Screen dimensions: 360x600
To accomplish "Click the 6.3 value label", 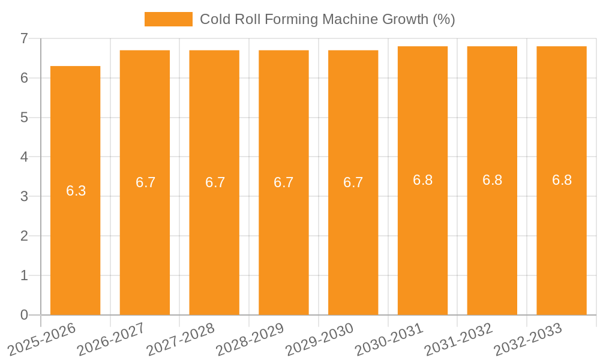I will pyautogui.click(x=76, y=191).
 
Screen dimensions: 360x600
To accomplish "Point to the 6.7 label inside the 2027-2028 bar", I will pyautogui.click(x=215, y=182).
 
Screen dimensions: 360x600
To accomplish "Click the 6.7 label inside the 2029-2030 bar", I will pyautogui.click(x=353, y=182).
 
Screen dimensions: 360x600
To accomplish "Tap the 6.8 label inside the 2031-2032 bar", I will pyautogui.click(x=492, y=180).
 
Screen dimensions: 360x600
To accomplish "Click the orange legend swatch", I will pyautogui.click(x=169, y=19).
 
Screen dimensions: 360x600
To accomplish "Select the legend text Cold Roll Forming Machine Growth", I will pyautogui.click(x=327, y=19).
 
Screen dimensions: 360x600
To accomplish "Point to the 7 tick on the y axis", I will pyautogui.click(x=24, y=38).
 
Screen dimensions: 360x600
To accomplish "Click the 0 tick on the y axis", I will pyautogui.click(x=24, y=315).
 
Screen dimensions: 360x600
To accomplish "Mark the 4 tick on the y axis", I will pyautogui.click(x=24, y=157).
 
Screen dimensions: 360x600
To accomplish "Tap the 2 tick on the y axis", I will pyautogui.click(x=24, y=236).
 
